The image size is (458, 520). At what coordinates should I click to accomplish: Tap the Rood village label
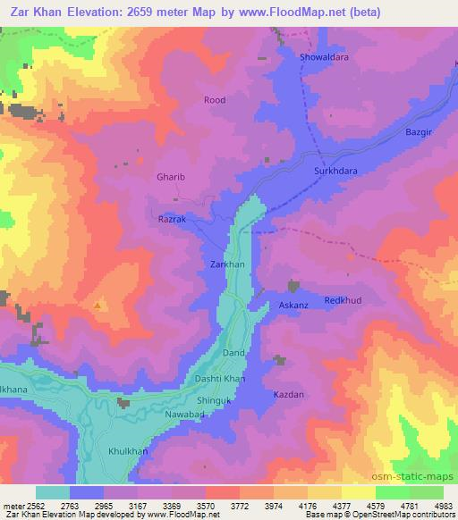tap(215, 101)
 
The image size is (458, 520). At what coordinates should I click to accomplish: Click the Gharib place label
tap(170, 178)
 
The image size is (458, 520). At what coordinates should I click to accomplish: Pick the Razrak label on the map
tap(171, 218)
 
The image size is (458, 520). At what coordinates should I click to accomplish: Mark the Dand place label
tap(233, 354)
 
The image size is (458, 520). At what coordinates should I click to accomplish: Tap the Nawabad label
tap(186, 416)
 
